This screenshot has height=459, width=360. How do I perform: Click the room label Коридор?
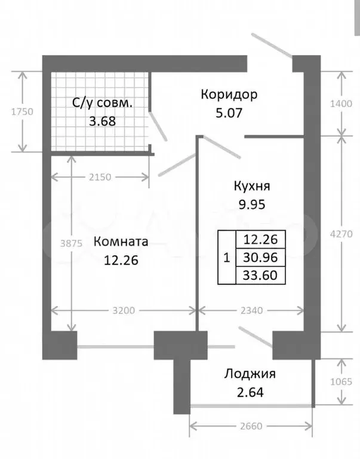click(229, 95)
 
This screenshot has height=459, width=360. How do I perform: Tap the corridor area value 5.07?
click(229, 113)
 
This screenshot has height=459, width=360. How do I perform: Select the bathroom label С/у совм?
click(102, 103)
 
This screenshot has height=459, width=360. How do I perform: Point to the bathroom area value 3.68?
click(102, 121)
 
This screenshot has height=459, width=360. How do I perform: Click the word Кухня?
click(252, 186)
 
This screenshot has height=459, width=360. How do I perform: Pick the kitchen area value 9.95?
click(252, 204)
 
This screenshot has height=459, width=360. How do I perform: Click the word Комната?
click(121, 242)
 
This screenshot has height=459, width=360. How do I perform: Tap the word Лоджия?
click(250, 374)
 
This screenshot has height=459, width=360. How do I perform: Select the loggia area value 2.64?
click(250, 392)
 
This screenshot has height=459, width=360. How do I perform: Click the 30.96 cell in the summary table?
click(260, 258)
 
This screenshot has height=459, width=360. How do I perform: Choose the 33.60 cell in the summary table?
click(260, 276)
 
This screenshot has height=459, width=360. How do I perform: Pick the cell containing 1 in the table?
click(227, 258)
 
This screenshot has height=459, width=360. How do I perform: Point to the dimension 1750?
click(22, 112)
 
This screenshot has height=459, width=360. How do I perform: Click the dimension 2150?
click(100, 177)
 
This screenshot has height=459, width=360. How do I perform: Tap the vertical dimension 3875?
click(71, 243)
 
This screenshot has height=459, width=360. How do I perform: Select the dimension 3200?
click(124, 311)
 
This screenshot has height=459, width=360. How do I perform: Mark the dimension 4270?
click(341, 234)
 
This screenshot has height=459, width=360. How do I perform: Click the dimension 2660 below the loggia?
click(251, 426)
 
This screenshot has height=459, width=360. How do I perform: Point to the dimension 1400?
click(341, 103)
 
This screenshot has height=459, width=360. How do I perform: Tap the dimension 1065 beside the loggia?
click(341, 382)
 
